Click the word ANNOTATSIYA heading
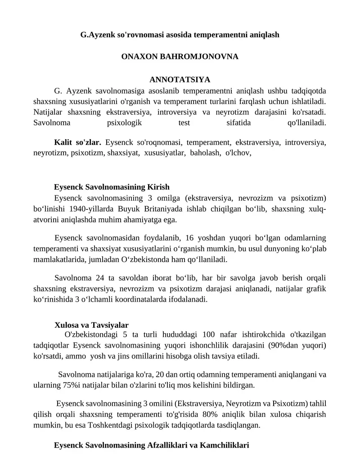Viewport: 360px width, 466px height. [x=180, y=80]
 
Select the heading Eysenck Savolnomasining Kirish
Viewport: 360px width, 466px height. [x=112, y=187]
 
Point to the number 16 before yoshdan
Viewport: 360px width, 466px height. [x=189, y=238]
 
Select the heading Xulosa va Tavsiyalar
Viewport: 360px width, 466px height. [x=91, y=325]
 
